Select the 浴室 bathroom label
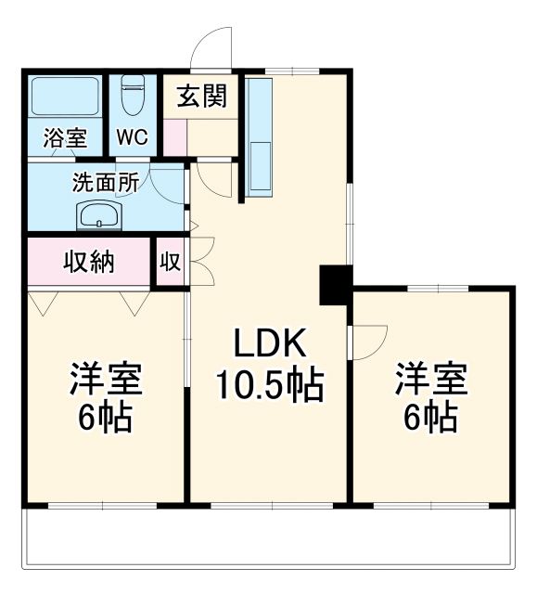click(65, 138)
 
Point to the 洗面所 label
click(106, 182)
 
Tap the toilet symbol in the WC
click(132, 97)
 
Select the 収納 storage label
click(89, 261)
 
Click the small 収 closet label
click(170, 262)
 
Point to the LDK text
click(269, 345)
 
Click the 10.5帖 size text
click(269, 383)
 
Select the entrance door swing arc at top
click(211, 47)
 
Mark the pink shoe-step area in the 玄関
click(176, 136)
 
